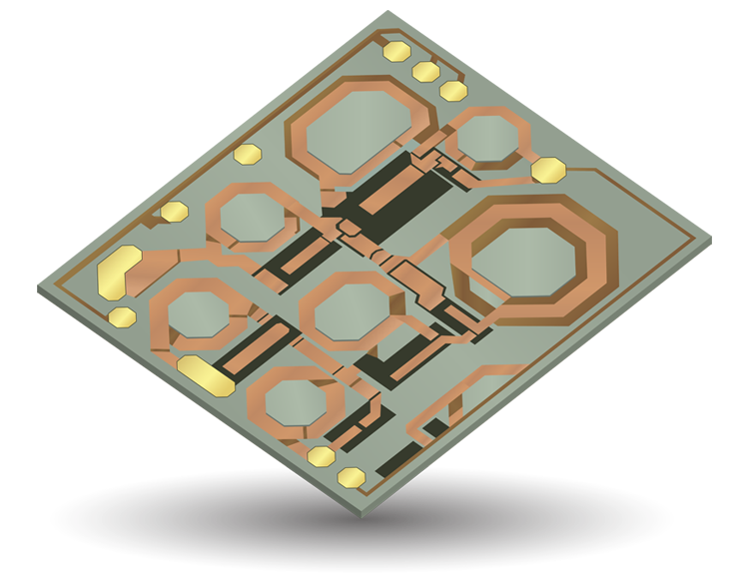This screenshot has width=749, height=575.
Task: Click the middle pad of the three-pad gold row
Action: click(425, 71)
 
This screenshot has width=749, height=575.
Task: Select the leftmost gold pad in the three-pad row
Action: click(397, 52)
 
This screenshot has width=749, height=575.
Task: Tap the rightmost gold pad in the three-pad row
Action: click(453, 90)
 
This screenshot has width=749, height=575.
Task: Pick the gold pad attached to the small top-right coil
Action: click(548, 170)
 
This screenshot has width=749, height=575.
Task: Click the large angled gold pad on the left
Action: click(120, 272)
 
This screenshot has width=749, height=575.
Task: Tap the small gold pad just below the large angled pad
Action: click(122, 317)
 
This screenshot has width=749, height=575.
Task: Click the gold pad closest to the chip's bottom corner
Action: click(351, 476)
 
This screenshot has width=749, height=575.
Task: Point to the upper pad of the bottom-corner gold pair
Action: click(321, 456)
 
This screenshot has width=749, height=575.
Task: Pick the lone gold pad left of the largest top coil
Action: click(246, 155)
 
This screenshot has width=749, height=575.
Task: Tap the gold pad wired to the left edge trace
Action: click(174, 212)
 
